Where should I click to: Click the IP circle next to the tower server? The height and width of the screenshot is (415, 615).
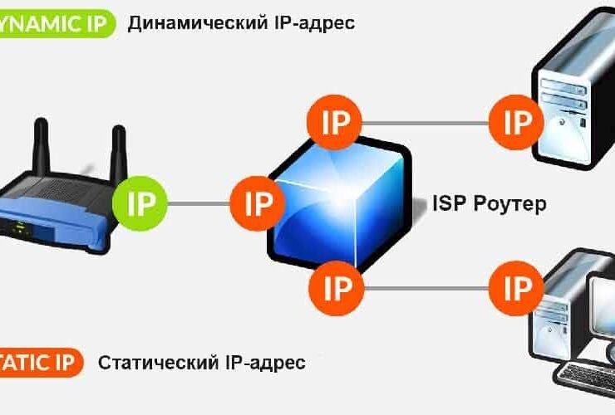coord(517,123)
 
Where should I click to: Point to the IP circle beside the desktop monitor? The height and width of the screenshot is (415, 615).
coord(517,288)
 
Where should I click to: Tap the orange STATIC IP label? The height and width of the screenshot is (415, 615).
coord(42,363)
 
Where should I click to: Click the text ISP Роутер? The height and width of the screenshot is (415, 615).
coord(490,203)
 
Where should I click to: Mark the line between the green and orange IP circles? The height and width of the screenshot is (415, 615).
coord(199,202)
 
